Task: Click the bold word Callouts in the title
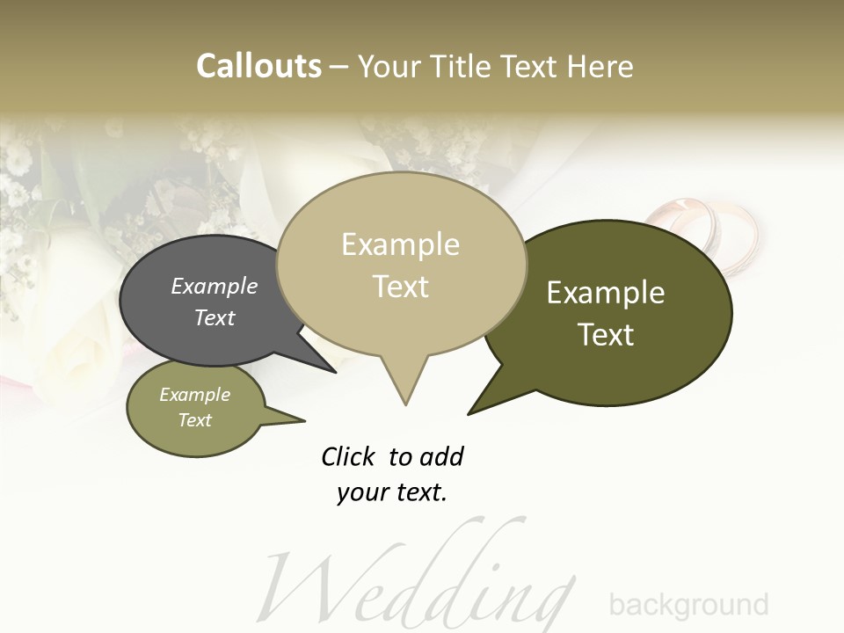258,67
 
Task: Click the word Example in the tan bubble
400,244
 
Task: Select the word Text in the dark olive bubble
606,335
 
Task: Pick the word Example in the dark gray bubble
215,287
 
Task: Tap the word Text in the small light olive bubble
195,420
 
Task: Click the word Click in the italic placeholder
348,456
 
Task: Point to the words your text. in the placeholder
392,492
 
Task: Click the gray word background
688,605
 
